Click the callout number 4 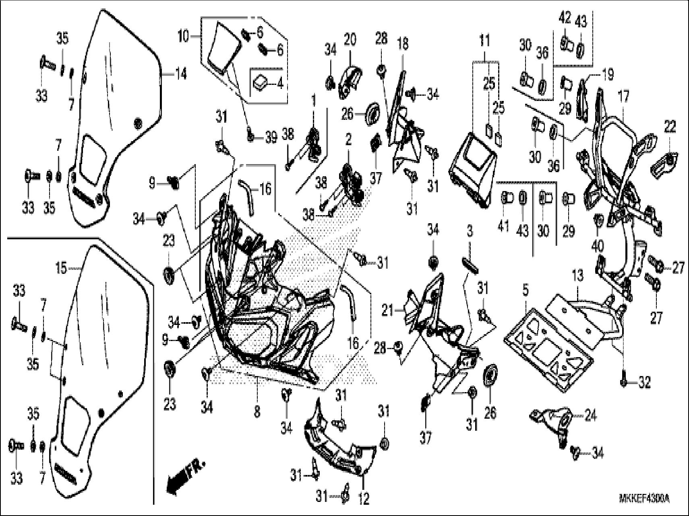(280, 85)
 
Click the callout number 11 (485, 41)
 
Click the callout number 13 (578, 276)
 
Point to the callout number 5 (526, 290)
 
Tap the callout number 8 (257, 412)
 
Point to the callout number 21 (387, 310)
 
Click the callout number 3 (470, 232)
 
